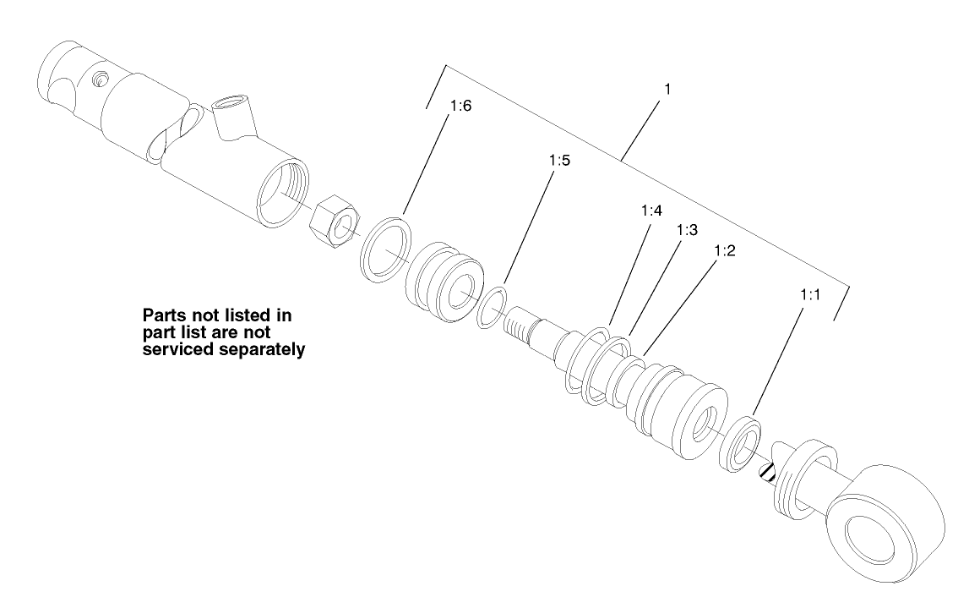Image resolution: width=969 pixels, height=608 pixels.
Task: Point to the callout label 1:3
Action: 689,230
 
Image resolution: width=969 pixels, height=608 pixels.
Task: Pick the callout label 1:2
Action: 727,251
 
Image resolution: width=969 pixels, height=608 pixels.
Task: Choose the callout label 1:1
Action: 811,296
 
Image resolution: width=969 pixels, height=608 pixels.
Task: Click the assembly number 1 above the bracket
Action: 667,89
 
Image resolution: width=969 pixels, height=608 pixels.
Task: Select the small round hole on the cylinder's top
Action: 101,79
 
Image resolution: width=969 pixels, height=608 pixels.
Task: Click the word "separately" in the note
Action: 264,348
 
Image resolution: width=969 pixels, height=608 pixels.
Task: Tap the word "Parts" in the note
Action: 164,316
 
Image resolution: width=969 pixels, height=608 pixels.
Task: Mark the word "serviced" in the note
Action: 180,348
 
